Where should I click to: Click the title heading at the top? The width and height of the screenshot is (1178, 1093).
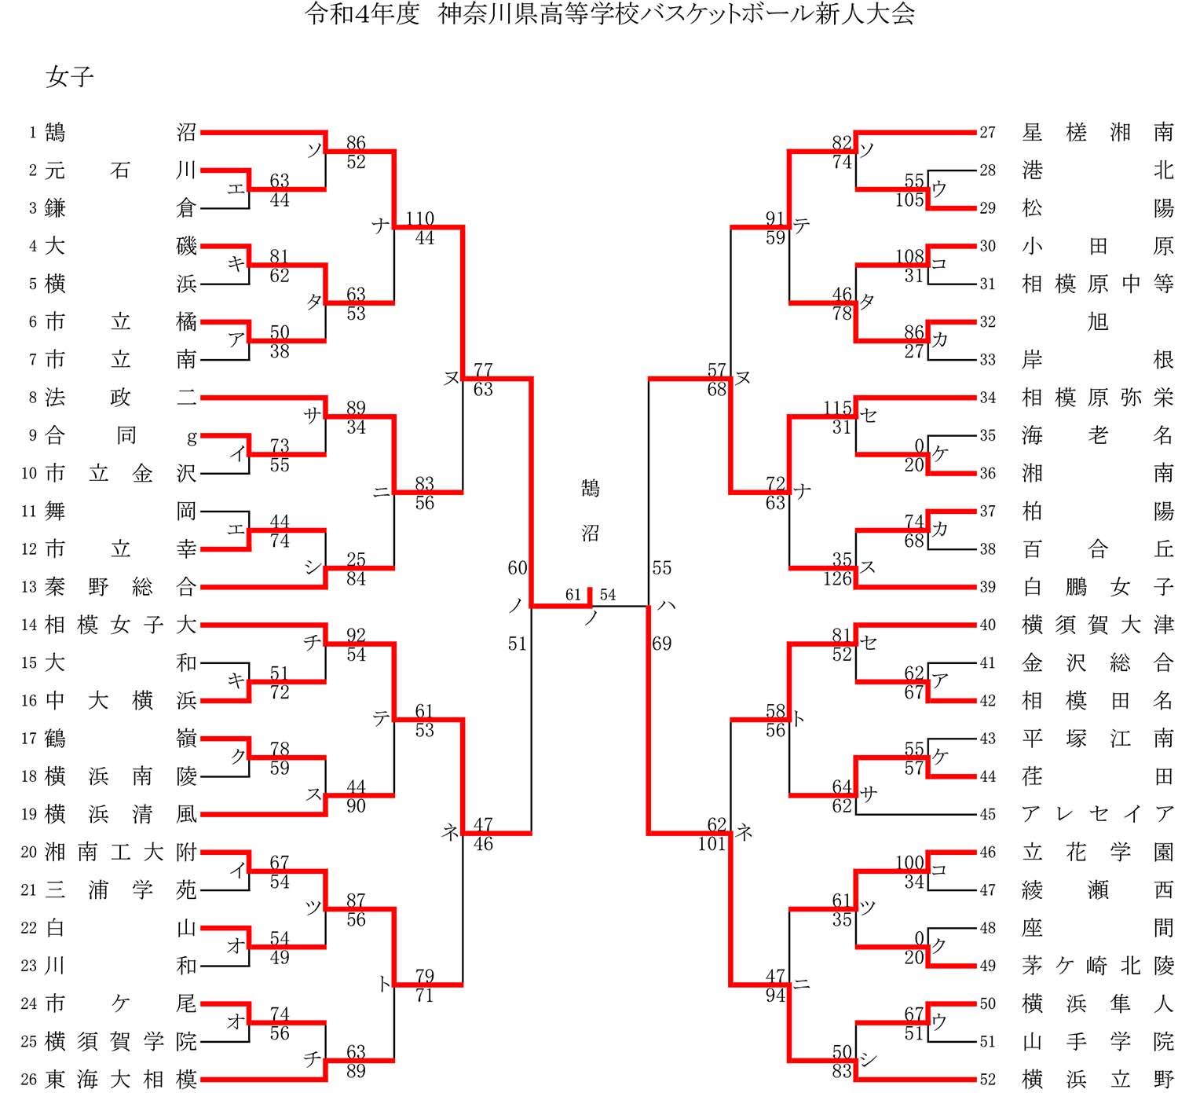coord(609,14)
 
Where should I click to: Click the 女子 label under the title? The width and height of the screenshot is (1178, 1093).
coord(70,77)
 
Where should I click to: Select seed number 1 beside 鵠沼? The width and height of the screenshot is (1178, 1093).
coord(32,133)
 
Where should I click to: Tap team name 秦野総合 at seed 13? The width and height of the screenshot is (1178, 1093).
coord(120,587)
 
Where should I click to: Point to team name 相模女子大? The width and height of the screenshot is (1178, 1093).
coord(120,625)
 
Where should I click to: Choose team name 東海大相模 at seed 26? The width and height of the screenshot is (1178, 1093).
coord(120,1080)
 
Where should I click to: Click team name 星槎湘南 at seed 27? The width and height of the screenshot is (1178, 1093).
coord(1097,133)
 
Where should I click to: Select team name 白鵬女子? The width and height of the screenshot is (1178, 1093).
coord(1097,587)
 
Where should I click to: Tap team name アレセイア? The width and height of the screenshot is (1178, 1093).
coord(1097,815)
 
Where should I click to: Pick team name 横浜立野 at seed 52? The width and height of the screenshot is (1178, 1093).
coord(1097,1080)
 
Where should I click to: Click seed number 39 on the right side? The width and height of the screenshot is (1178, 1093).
coord(987,587)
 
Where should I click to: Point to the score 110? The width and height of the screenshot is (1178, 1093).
coord(420,218)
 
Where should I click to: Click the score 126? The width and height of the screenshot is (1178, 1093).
coord(837,579)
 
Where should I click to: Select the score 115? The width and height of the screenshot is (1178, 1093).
coord(837,408)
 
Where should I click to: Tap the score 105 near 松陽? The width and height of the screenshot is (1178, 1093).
coord(909,200)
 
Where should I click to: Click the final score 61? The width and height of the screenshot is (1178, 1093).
coord(573,595)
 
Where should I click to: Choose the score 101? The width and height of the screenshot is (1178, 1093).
coord(712,844)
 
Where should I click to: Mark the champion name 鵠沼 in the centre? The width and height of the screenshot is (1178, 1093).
coord(591,511)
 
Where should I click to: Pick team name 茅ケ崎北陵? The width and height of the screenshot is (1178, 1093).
coord(1097,966)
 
